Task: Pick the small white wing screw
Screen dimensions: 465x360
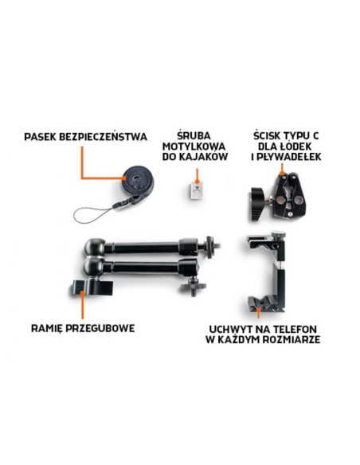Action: tap(194, 190)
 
